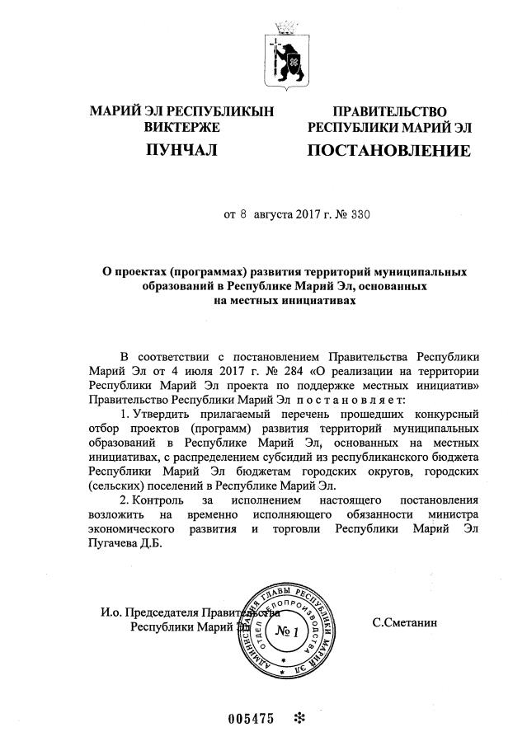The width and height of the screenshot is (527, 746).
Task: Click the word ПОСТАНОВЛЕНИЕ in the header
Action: (388, 151)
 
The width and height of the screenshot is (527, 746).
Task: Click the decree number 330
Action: (360, 216)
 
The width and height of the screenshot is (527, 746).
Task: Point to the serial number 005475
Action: (250, 718)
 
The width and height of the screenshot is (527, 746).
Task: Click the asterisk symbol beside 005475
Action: (299, 718)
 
